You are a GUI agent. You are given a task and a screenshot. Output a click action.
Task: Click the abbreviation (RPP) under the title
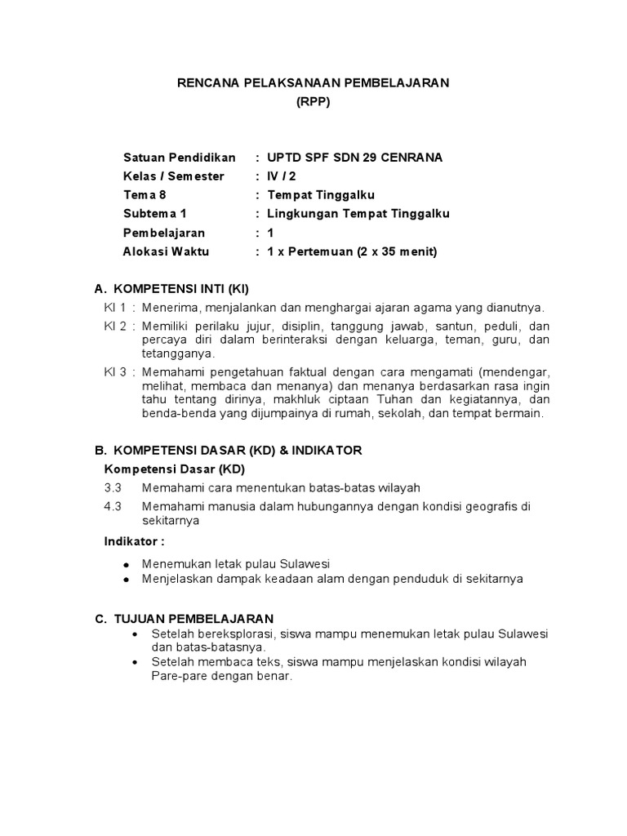(313, 102)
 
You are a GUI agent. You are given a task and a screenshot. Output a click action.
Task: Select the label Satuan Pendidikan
(179, 157)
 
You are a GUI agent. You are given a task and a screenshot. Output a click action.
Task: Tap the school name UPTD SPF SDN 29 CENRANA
(354, 157)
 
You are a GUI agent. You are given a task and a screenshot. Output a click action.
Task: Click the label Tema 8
(145, 195)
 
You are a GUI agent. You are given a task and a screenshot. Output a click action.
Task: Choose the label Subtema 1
(154, 214)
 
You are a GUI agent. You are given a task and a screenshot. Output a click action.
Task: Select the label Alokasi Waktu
(166, 251)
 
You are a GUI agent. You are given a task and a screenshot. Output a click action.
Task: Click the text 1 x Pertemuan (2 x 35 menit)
(352, 251)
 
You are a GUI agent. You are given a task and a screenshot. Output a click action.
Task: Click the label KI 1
(115, 308)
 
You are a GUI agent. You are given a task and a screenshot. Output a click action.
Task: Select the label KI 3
(115, 371)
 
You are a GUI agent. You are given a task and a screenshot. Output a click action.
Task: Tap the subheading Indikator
(134, 540)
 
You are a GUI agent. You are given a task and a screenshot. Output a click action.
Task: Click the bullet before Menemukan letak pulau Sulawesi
(126, 564)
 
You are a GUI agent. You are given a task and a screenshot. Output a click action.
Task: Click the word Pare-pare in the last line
(176, 677)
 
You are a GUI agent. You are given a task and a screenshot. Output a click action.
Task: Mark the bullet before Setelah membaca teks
(136, 661)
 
